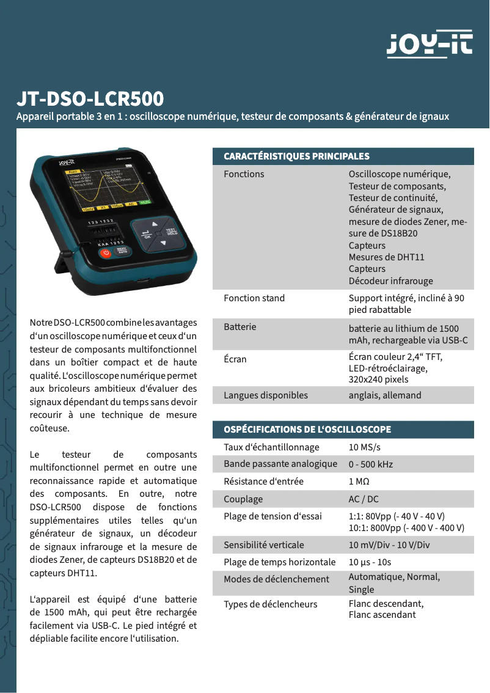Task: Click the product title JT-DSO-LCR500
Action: point(90,99)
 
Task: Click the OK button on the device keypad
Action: point(147,235)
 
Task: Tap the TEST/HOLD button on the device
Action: point(172,233)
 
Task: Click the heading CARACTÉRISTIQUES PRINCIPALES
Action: point(296,156)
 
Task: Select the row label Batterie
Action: point(240,327)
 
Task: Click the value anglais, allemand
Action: point(385,395)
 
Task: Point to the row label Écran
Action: point(235,359)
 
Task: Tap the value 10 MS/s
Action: point(365,447)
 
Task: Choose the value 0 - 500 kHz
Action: point(371,464)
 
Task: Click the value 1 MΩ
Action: point(359,482)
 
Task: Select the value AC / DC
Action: point(364,499)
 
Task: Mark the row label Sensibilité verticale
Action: point(264,545)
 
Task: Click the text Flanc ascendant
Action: point(382,615)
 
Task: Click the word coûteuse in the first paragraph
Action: point(49,428)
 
